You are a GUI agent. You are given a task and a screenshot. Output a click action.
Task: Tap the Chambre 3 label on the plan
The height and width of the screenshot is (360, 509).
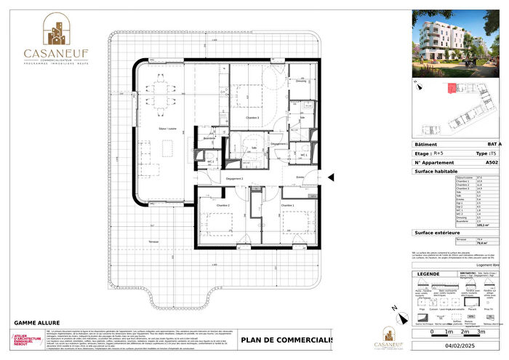254,118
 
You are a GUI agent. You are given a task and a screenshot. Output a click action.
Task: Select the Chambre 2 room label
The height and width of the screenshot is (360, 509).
222,206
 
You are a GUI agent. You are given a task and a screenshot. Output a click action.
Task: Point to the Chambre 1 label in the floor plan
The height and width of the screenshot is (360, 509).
288,206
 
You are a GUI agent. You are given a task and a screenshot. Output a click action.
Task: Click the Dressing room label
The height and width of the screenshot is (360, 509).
300,81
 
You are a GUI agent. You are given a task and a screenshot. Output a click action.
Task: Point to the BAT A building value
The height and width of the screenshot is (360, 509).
494,145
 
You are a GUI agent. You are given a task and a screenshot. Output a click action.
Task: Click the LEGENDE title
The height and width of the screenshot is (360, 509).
425,273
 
